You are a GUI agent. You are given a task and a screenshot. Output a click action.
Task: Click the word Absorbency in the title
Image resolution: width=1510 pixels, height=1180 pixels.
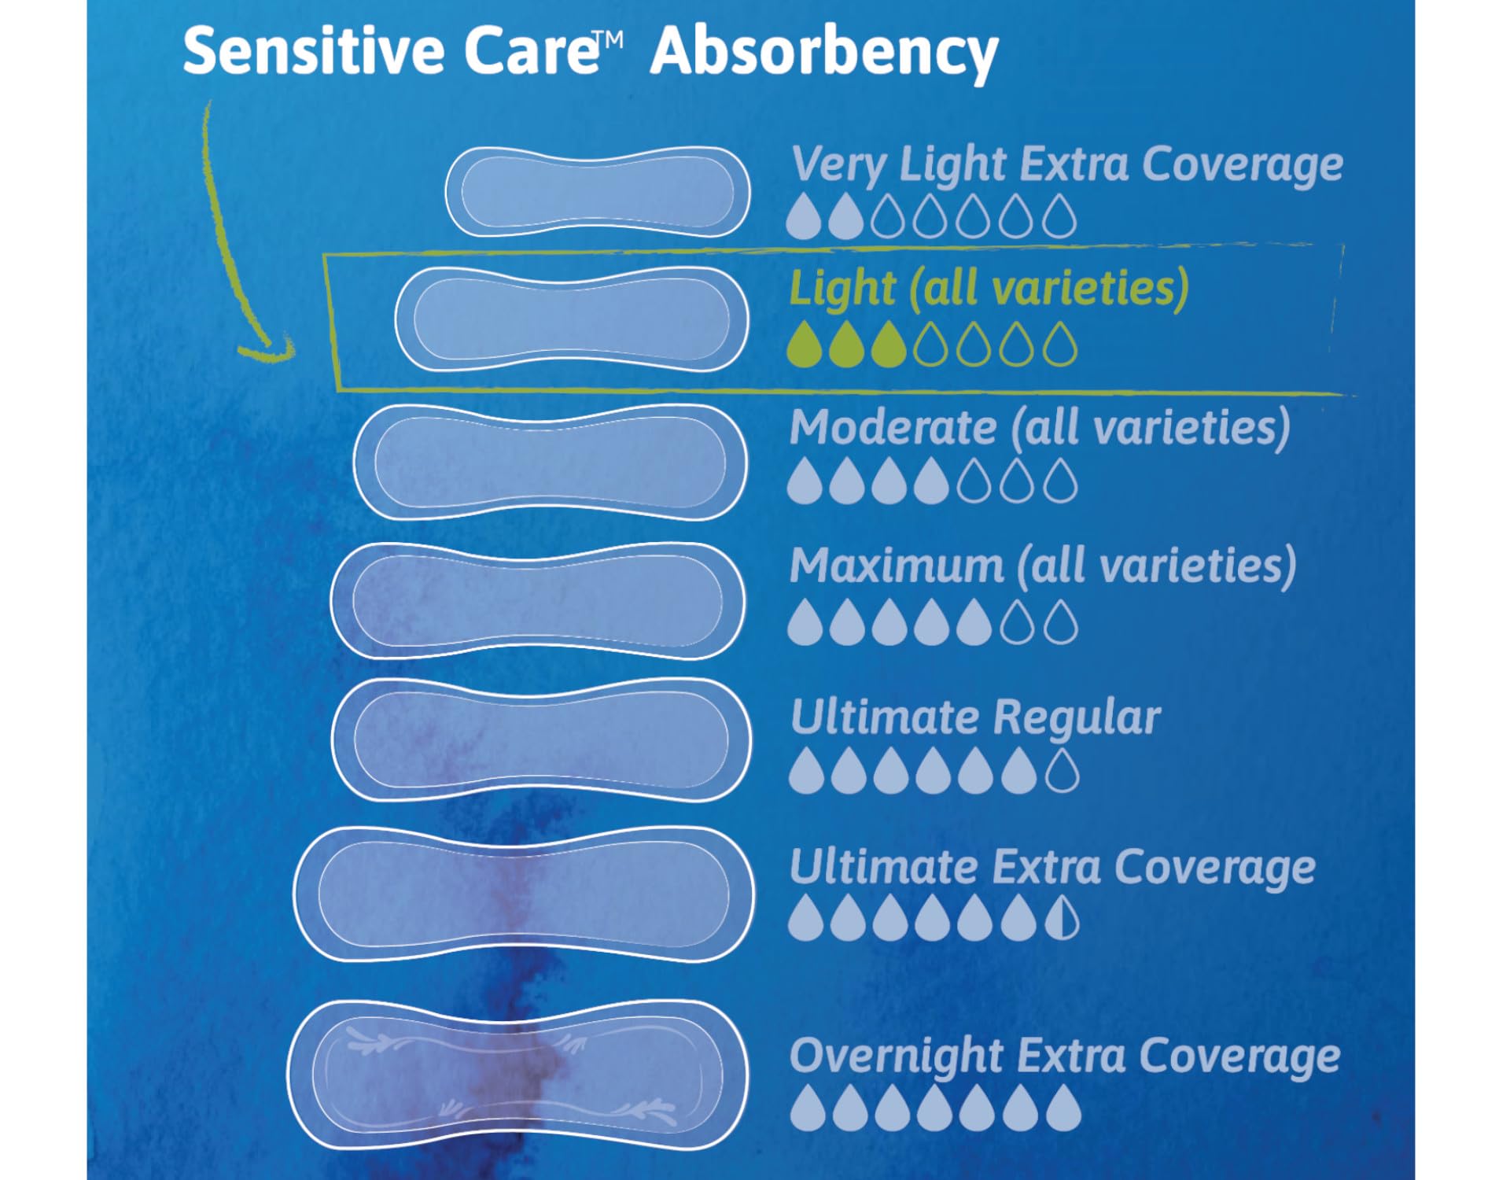[824, 53]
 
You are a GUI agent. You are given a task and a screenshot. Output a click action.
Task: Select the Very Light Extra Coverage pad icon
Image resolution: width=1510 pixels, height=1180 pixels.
[598, 191]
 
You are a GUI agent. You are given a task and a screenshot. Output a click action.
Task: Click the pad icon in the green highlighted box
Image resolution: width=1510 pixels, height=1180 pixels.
[571, 319]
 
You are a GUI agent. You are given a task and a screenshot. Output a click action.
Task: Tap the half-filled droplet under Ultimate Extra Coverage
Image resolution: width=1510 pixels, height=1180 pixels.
[1063, 917]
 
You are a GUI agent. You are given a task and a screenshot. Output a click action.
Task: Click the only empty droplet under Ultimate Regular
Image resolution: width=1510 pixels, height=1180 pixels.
[1063, 769]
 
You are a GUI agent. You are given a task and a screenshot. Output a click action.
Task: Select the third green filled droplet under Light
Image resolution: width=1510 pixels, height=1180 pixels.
[889, 345]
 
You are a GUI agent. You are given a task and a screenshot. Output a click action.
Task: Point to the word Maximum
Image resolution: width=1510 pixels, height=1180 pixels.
[897, 566]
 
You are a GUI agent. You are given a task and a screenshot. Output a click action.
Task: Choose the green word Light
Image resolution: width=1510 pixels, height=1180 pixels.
[842, 289]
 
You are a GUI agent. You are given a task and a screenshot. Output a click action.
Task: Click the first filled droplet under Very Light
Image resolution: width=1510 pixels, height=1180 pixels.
[804, 216]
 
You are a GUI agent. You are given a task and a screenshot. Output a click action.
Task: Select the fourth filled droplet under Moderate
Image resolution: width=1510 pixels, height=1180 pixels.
[931, 481]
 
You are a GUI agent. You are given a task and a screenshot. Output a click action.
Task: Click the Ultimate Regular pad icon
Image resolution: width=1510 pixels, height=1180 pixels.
[541, 739]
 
